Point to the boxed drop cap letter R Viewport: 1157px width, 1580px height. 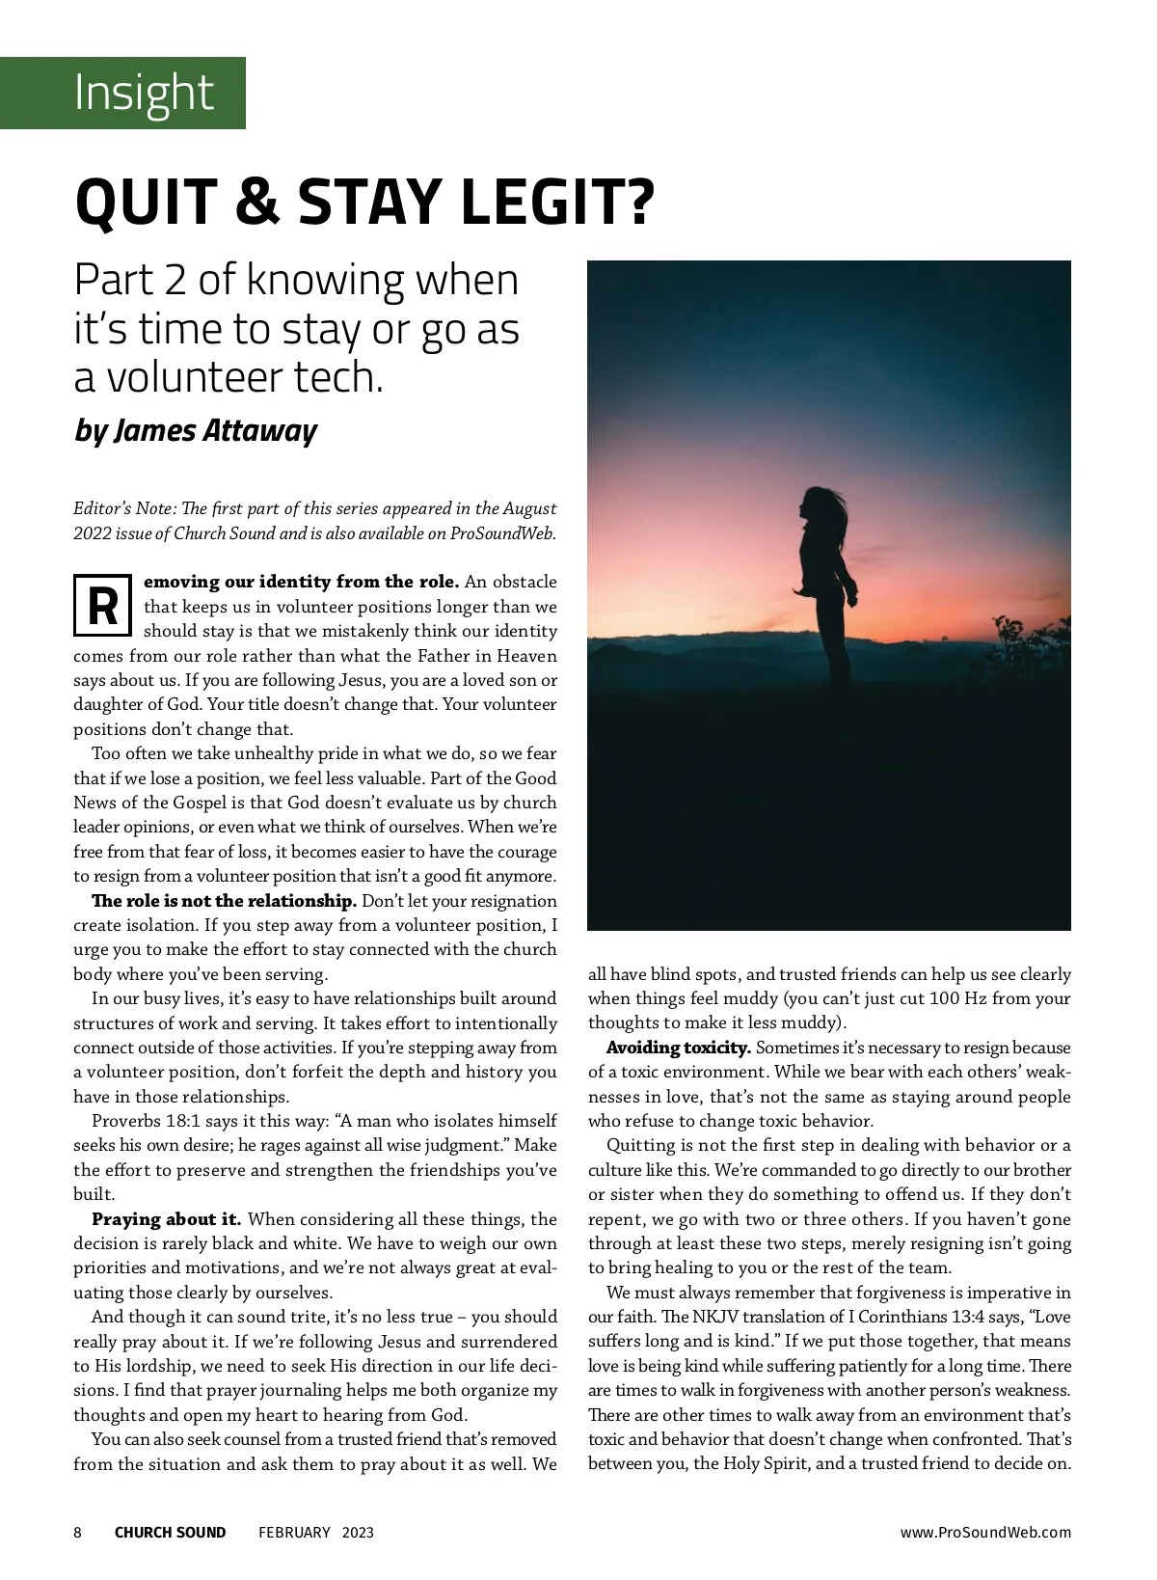(102, 607)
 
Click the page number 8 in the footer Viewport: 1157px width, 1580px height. (78, 1533)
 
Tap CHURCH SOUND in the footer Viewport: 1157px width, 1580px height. (170, 1533)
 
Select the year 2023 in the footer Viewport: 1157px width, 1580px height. (358, 1533)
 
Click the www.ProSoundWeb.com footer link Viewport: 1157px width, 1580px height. (985, 1533)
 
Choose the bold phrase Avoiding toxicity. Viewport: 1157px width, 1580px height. (678, 1048)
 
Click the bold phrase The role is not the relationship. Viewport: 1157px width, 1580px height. (224, 901)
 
